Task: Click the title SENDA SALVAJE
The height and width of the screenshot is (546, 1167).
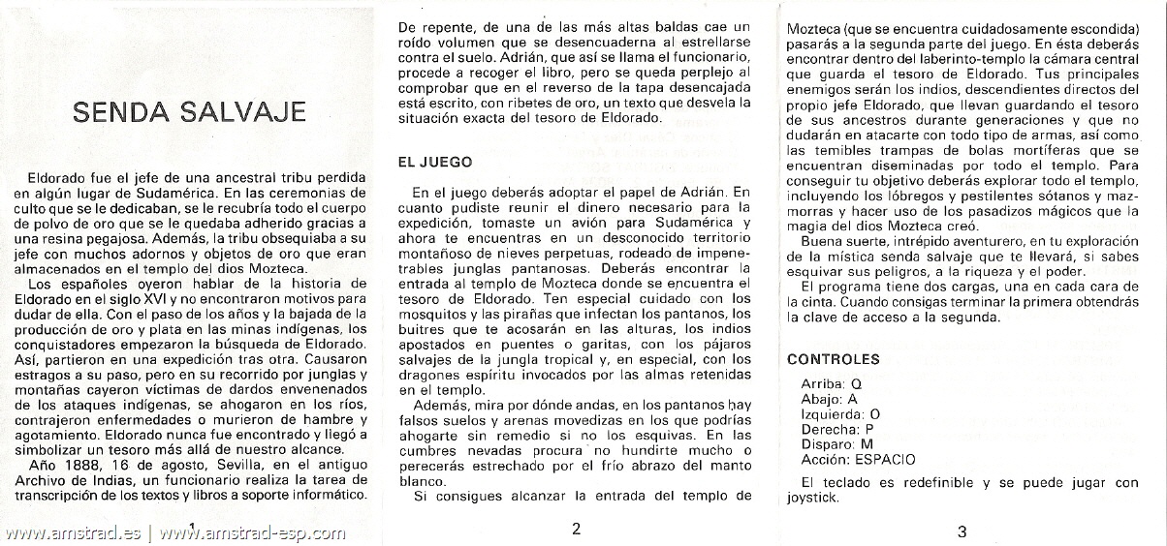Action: click(x=189, y=111)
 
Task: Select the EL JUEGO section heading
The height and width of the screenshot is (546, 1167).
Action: click(x=435, y=163)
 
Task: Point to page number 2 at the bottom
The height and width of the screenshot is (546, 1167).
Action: click(x=576, y=529)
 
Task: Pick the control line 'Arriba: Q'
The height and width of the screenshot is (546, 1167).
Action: click(x=831, y=383)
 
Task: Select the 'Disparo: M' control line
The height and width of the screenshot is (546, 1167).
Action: click(x=836, y=444)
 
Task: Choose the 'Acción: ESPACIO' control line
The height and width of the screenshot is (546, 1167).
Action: click(x=858, y=460)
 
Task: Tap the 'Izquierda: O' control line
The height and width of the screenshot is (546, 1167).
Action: click(x=840, y=413)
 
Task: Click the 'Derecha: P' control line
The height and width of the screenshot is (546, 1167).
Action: click(x=837, y=429)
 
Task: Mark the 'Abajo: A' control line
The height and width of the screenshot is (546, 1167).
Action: click(x=829, y=398)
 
